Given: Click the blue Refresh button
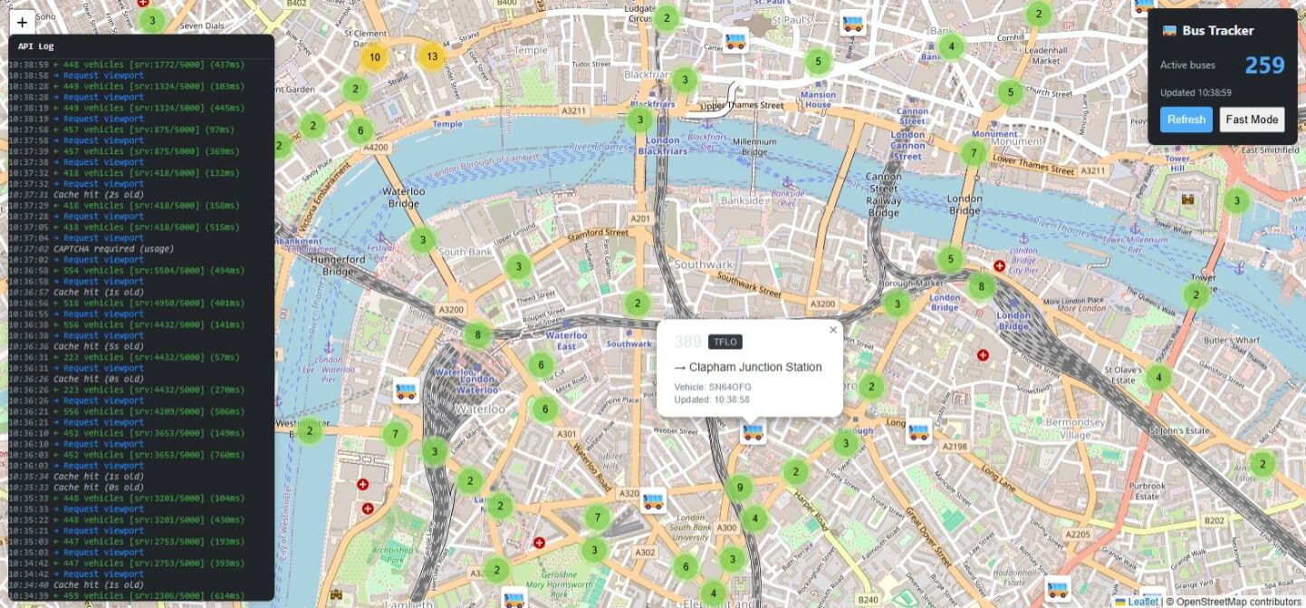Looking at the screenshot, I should pos(1186,120).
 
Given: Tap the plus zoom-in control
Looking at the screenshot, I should pos(23,23).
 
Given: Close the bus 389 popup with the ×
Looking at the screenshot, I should pos(833,330).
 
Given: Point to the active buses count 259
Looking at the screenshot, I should pos(1264,65).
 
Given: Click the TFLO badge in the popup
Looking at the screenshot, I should pos(725,342).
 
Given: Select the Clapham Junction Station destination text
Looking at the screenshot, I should pos(755,367).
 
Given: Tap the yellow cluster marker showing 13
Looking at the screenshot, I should pos(432,56).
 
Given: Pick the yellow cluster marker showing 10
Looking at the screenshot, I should pos(374,57).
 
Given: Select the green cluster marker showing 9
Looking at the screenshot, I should pos(740,488).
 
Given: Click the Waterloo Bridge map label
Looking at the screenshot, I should pos(404,198).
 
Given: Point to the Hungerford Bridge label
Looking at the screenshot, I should pos(338,265).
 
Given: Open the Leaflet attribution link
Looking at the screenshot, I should pos(1141,601).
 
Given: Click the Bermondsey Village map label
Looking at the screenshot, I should pos(1074,428).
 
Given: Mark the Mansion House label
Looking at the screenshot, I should pos(818,100).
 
